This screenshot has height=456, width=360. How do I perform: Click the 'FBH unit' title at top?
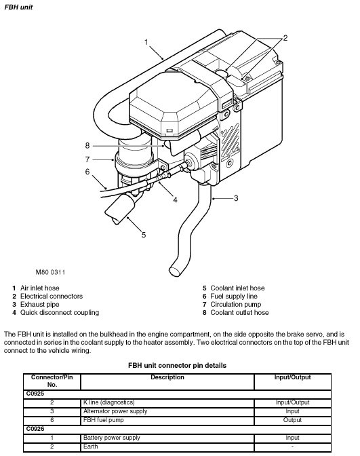(18, 7)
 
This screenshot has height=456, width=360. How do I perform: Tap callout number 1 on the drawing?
(146, 43)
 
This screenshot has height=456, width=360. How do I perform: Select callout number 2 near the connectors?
(285, 38)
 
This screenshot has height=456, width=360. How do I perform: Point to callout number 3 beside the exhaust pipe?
(236, 198)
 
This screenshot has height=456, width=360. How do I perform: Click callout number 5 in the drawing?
(144, 235)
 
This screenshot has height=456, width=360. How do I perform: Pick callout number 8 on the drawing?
(87, 145)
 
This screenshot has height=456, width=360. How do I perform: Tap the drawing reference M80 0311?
(50, 272)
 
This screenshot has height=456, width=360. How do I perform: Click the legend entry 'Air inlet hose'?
(39, 288)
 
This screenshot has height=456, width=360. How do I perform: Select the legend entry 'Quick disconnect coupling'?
(60, 313)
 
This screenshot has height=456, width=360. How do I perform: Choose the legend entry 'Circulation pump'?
(236, 305)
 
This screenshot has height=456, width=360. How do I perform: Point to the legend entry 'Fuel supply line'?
(234, 297)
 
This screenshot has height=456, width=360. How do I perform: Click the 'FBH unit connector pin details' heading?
(177, 366)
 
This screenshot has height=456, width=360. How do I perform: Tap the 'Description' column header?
(167, 377)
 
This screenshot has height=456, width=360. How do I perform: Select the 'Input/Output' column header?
(293, 377)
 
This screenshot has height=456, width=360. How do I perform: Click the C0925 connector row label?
(35, 394)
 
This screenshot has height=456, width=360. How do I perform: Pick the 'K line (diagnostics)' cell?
(109, 402)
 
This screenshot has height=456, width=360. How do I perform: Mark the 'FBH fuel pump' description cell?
(104, 420)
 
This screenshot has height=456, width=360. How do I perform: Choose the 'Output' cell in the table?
(292, 420)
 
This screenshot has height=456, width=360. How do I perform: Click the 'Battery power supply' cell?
(112, 438)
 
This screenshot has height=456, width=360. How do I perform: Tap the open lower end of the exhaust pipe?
(175, 271)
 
